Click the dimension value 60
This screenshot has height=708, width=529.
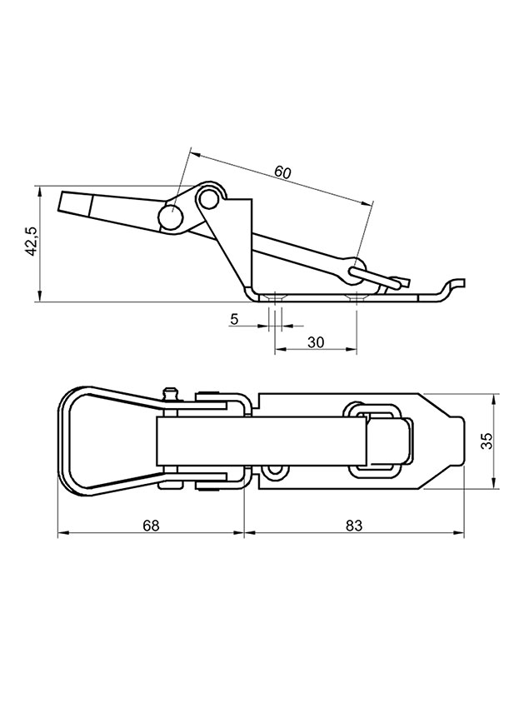coord(283,172)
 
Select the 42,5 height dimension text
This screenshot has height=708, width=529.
coord(32,240)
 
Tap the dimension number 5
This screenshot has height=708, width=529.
coord(234,319)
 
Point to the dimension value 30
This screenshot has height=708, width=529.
coord(316,342)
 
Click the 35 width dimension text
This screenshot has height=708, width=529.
coord(487,441)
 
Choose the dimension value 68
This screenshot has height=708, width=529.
coord(151,526)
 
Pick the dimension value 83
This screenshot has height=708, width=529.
coord(354,526)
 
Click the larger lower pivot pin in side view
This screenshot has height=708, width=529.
coord(171,217)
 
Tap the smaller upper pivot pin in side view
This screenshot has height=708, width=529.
coord(208,198)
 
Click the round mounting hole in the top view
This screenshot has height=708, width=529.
coord(273,473)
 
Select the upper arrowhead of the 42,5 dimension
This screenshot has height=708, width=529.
coord(40,191)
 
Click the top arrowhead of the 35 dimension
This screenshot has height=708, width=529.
coord(493,399)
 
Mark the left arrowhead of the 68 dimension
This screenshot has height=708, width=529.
coord(62,533)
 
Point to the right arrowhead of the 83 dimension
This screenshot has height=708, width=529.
coord(459,533)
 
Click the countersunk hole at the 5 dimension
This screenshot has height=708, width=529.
coord(275,297)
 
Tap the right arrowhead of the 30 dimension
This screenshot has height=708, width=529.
coord(352,348)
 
